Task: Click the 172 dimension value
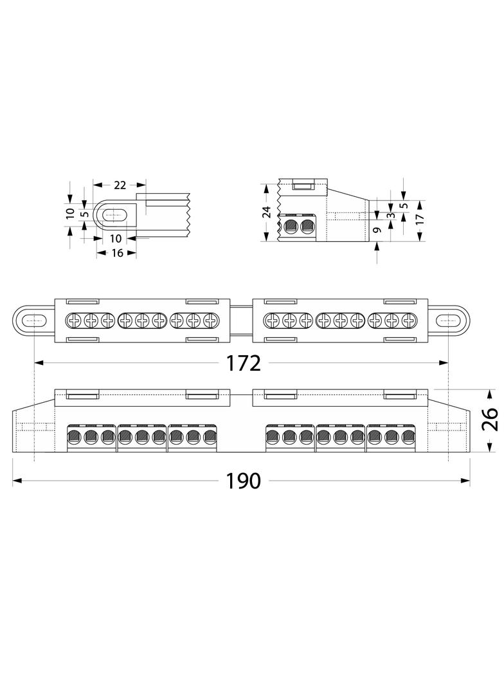[x=243, y=363]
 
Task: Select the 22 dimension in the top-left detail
[x=120, y=185]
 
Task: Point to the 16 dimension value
[x=117, y=253]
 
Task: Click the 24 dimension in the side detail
[x=267, y=212]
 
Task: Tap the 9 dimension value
[x=378, y=229]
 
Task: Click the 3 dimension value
[x=392, y=216]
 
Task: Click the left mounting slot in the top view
[x=33, y=320]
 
